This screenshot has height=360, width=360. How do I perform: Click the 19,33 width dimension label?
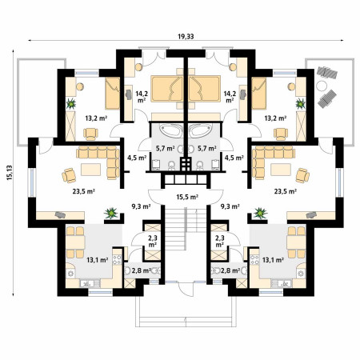(186, 37)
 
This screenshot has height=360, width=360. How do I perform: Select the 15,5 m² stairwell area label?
(187, 197)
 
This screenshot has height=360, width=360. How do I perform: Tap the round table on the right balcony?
(322, 86)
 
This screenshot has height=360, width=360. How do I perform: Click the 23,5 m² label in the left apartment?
(84, 191)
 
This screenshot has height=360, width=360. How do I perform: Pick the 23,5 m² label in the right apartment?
(286, 191)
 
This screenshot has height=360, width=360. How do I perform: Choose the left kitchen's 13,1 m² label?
(98, 259)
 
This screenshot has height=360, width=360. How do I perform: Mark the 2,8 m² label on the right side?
(230, 271)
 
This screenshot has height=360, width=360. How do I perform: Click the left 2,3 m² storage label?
(153, 241)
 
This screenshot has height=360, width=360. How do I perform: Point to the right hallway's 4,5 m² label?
(234, 158)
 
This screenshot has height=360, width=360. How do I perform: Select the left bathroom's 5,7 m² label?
(166, 148)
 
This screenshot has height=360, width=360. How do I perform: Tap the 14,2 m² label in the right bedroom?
(230, 97)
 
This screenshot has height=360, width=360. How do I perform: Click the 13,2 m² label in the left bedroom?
(96, 118)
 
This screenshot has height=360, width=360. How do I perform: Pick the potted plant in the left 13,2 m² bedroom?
(71, 104)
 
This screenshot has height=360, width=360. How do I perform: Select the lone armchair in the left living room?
(69, 175)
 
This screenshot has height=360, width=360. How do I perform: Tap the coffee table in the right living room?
(281, 170)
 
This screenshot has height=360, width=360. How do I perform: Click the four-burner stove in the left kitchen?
(117, 260)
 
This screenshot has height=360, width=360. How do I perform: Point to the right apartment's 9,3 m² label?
(230, 206)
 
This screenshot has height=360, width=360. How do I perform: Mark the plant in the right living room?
(260, 214)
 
